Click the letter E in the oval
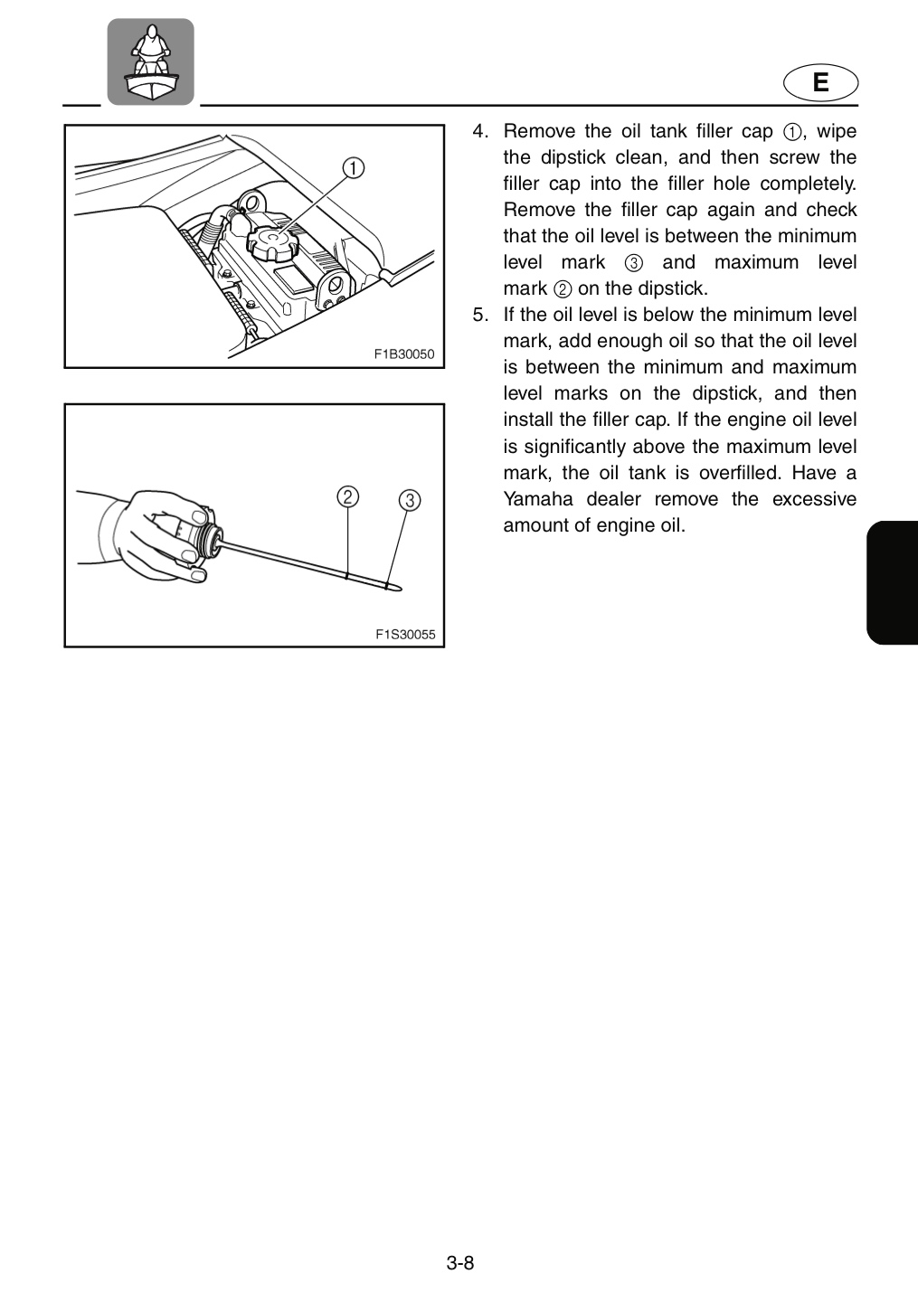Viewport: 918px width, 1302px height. point(820,82)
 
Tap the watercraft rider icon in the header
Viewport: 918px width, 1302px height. point(150,61)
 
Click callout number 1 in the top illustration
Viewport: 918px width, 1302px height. point(354,168)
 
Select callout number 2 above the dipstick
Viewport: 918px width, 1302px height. point(347,497)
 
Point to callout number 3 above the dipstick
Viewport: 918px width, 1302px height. point(410,501)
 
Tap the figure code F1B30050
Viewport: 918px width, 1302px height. point(404,354)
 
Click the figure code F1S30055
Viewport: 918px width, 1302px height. point(405,634)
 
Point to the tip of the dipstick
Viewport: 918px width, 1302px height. point(402,590)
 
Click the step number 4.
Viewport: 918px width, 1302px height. point(480,131)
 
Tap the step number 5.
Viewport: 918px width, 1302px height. point(480,315)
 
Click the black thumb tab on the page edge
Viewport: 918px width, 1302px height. point(892,582)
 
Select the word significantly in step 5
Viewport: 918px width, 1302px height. point(573,447)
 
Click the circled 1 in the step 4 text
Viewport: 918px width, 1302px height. point(792,133)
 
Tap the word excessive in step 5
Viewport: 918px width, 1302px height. point(815,499)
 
